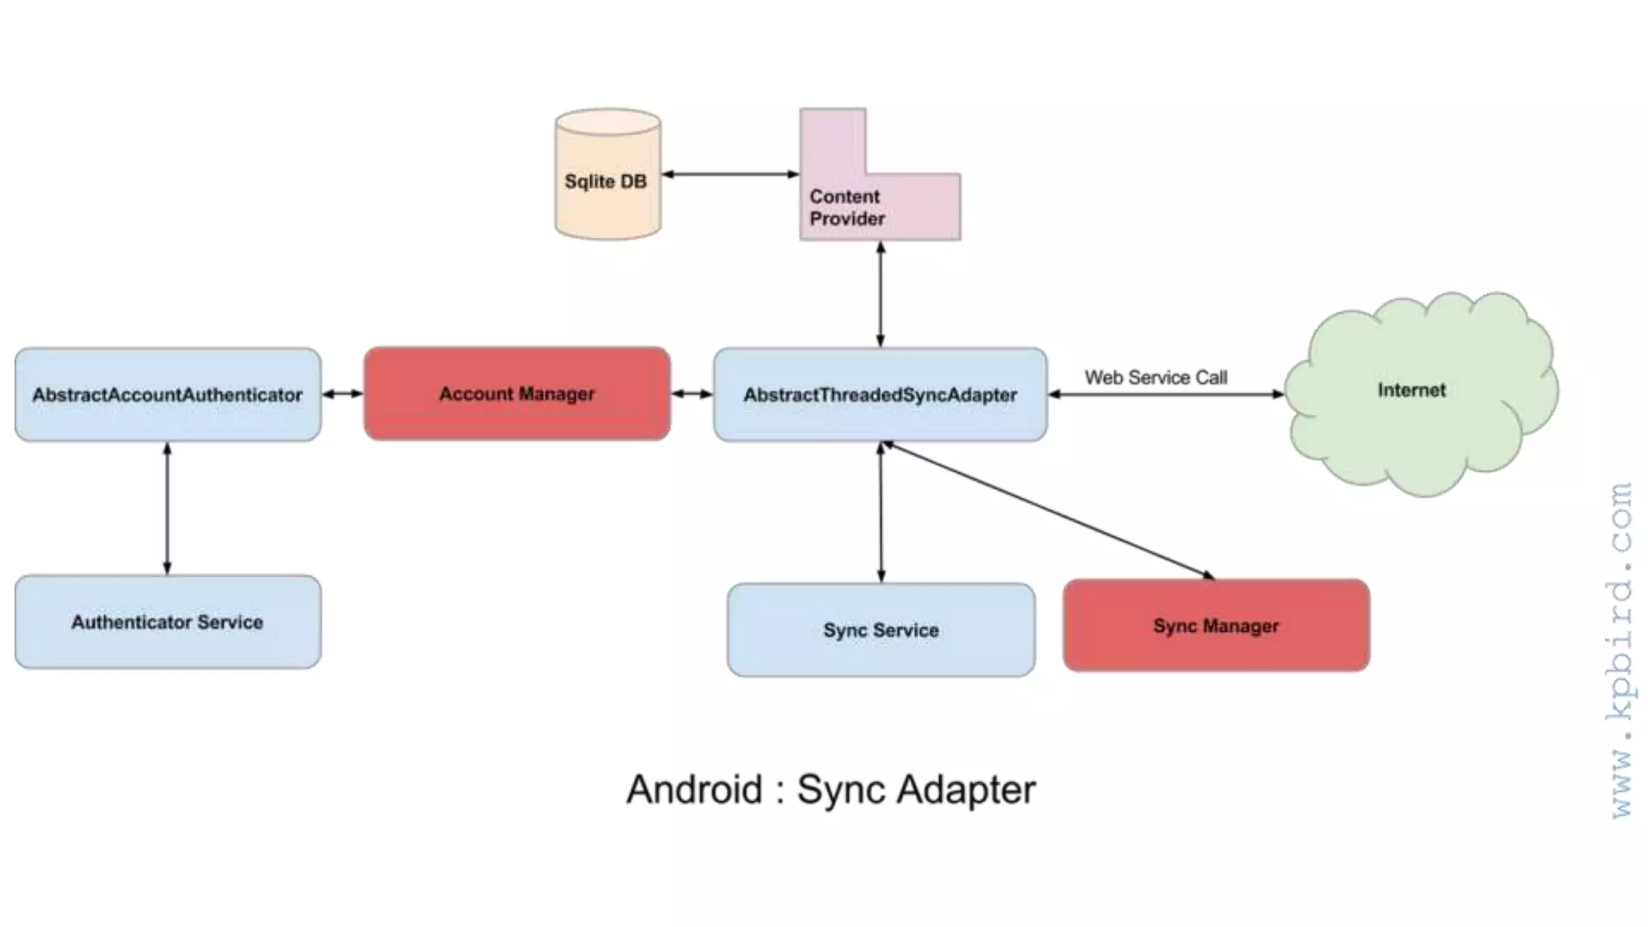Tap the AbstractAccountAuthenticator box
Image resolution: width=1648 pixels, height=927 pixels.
coord(167,394)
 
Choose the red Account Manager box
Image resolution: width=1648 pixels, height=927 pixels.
coord(517,393)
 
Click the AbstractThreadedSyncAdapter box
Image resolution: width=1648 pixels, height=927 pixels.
coord(880,394)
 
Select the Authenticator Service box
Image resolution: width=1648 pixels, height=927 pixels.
coord(167,621)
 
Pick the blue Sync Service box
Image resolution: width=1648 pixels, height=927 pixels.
coord(880,629)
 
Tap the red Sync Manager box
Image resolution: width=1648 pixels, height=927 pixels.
coord(1215,625)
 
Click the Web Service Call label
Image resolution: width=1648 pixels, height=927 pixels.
coord(1156,377)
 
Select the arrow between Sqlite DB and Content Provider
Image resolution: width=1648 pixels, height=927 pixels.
coord(730,174)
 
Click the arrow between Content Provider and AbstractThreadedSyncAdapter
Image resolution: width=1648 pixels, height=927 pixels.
coord(880,294)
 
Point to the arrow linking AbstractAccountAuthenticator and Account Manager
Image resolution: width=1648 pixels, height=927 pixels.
coord(343,393)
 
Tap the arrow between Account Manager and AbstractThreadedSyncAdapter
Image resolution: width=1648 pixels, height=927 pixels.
coord(692,393)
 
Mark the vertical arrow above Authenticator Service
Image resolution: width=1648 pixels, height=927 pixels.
coord(167,508)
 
